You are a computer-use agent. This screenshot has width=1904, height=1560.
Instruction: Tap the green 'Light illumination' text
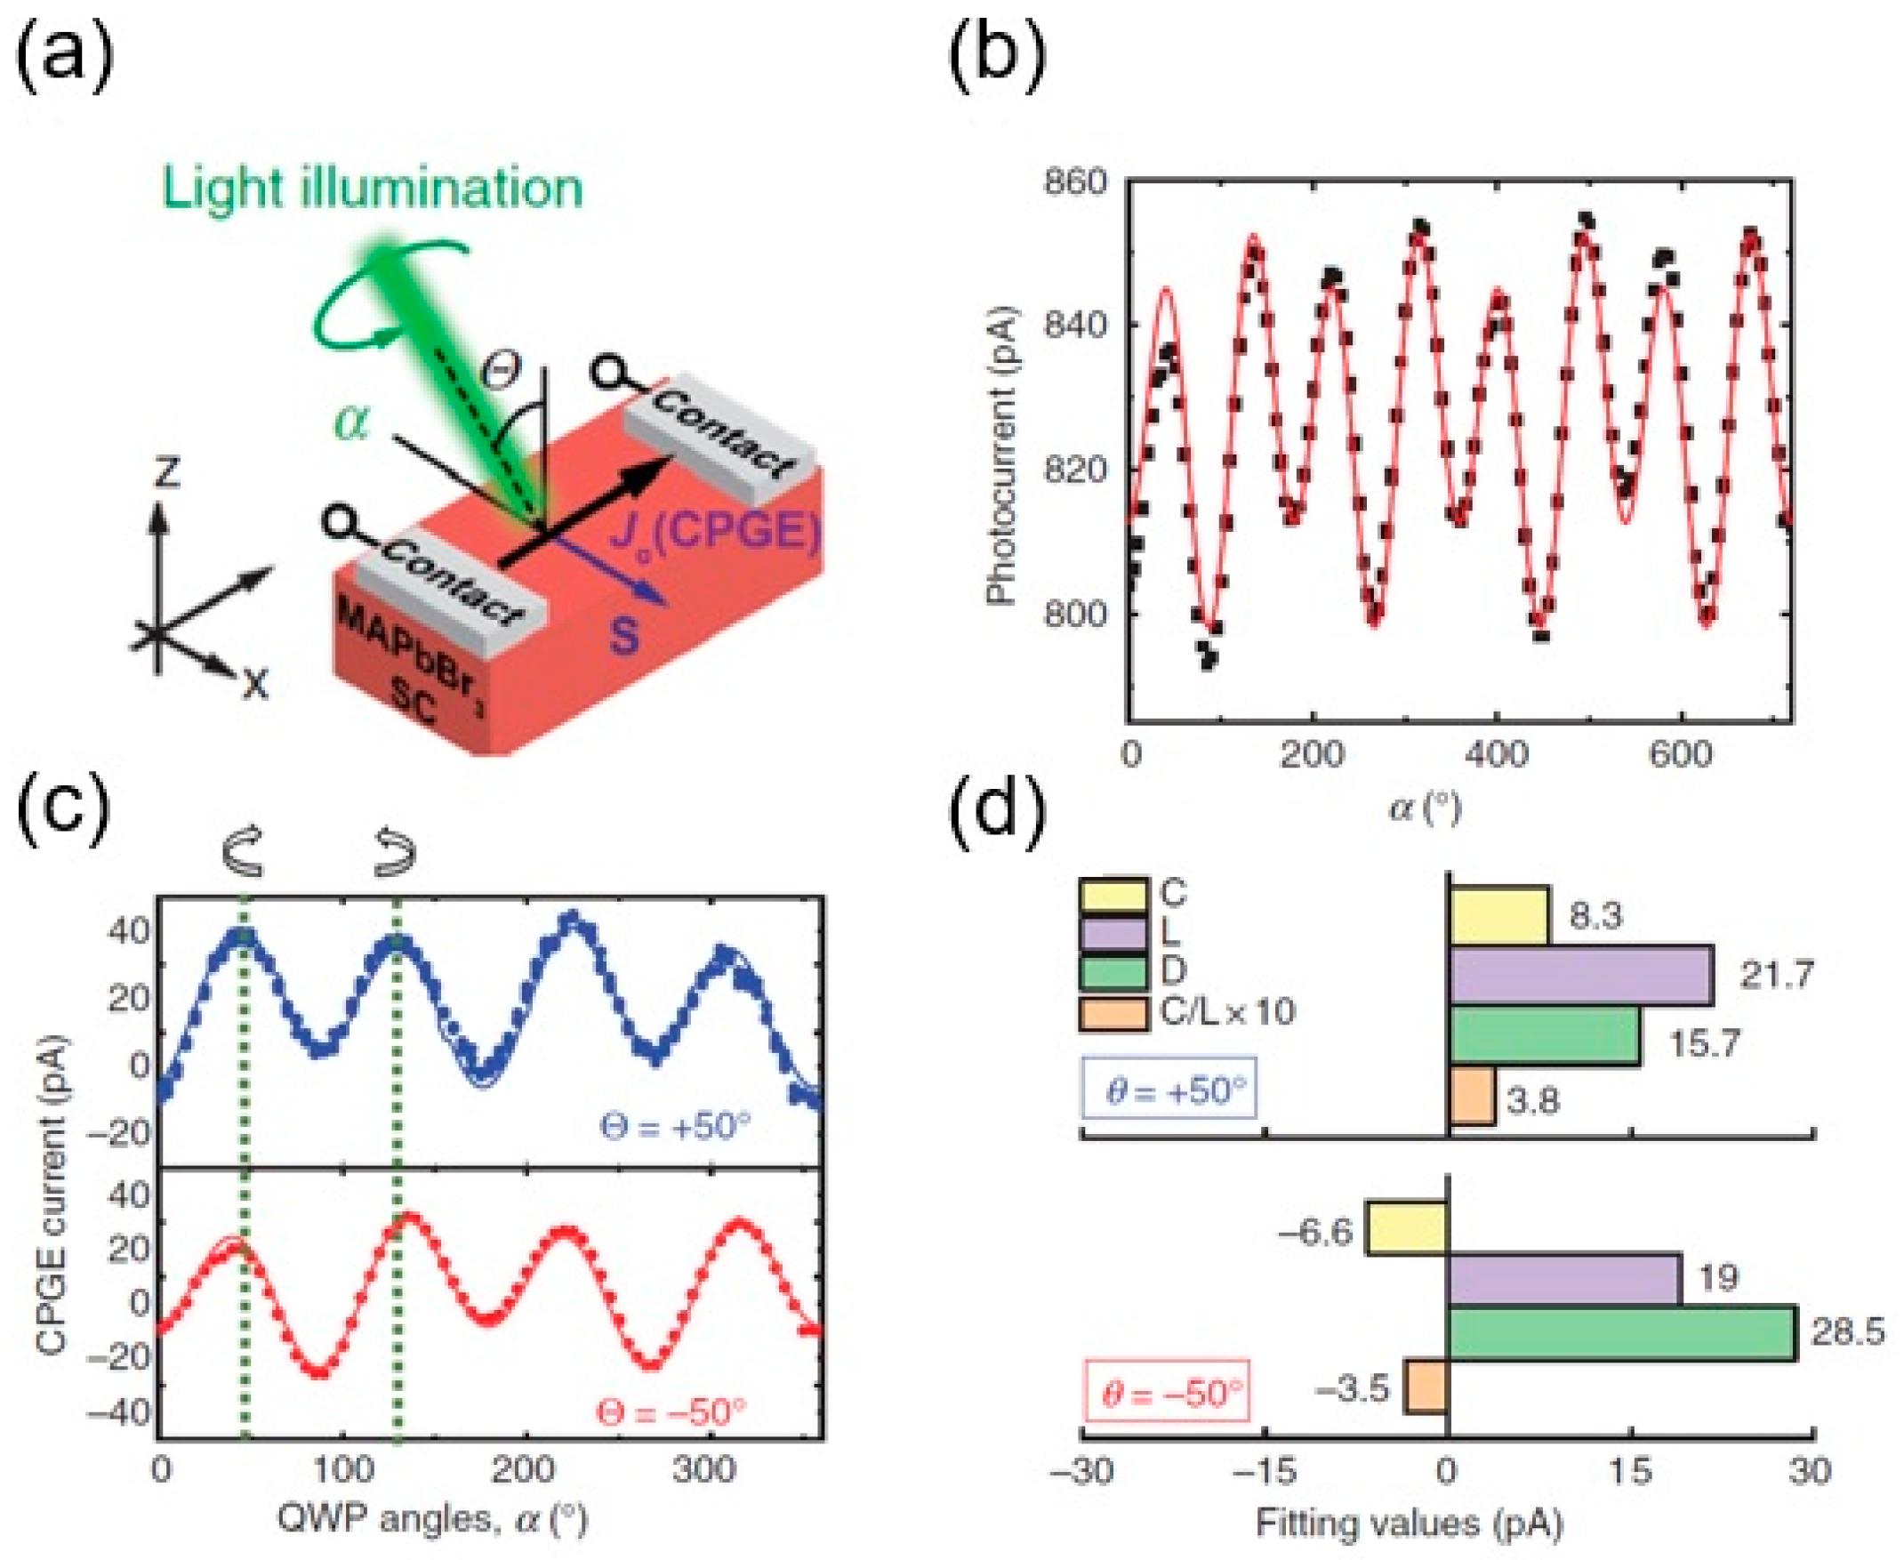coord(372,189)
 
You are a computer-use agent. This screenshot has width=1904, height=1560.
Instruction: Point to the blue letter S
coord(623,636)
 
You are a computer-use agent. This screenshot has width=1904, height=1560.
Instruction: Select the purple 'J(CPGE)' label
coord(715,533)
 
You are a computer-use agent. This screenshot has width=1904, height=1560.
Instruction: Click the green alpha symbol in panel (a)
coord(351,422)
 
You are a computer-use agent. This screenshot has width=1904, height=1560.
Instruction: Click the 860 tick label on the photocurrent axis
coord(1074,182)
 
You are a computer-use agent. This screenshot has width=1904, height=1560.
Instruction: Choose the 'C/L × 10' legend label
coord(1227,1013)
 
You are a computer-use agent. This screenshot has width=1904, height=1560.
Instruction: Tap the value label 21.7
coord(1776,974)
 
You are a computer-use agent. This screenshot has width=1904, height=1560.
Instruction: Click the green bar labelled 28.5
coord(1621,1333)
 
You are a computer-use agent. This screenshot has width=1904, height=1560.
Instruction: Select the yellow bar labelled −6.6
coord(1406,1227)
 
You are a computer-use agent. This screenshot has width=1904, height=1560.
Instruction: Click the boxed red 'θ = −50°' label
coord(1167,1393)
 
